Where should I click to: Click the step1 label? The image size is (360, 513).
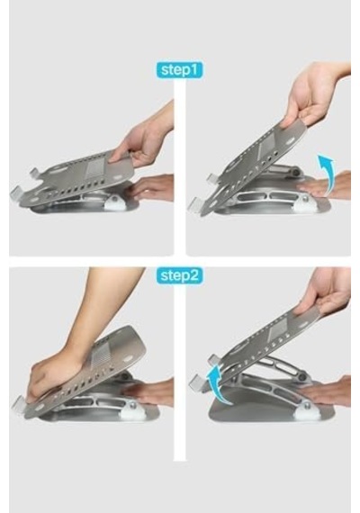click(x=179, y=69)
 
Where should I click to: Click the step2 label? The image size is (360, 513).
click(x=180, y=275)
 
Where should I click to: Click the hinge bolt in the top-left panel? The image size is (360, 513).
click(x=115, y=199)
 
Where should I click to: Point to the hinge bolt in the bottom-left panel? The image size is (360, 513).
click(x=133, y=406)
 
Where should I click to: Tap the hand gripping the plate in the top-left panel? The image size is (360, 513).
click(x=144, y=139)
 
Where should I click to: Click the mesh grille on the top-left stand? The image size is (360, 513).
click(x=97, y=169)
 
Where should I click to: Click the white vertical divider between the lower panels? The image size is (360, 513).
click(x=180, y=373)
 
